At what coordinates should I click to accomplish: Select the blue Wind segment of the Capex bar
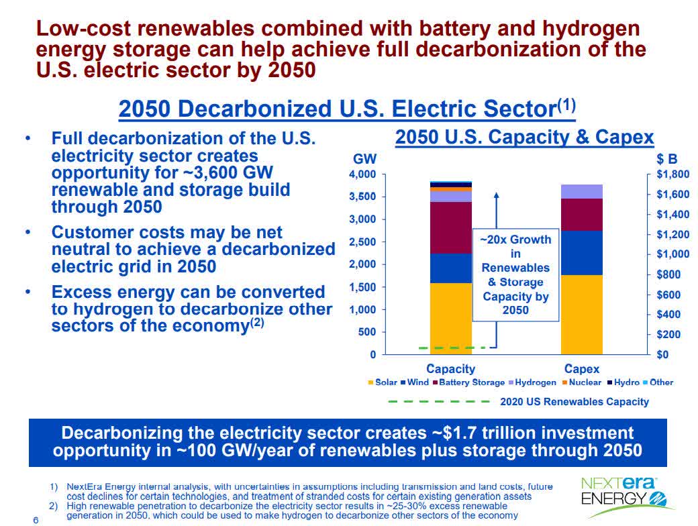point(582,253)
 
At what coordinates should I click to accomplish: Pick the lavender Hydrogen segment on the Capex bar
point(582,191)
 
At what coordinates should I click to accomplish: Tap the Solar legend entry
point(383,382)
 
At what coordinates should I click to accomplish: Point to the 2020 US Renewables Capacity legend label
point(575,401)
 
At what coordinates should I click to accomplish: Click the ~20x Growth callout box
point(515,274)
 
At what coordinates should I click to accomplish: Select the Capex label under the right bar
point(582,369)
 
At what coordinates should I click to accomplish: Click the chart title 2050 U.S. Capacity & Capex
point(524,138)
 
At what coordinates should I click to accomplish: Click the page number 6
point(36,520)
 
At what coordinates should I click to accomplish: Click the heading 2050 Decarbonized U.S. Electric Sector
point(347,109)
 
